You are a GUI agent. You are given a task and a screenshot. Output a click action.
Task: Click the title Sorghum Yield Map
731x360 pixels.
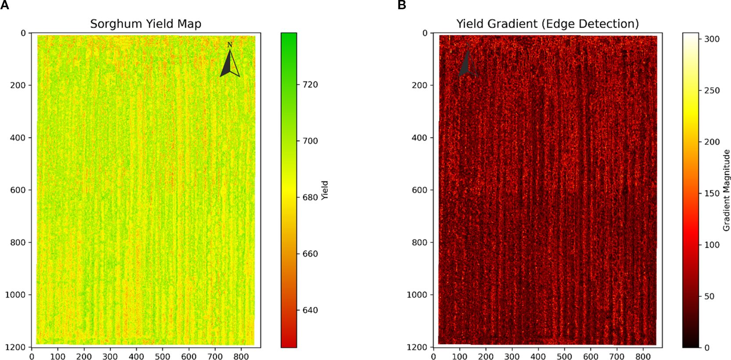(146, 24)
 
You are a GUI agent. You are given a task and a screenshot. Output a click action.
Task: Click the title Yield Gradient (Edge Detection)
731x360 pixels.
(547, 24)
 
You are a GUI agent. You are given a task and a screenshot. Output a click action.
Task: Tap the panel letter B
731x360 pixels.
(401, 5)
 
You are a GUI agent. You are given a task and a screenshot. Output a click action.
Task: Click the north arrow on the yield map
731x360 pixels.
(230, 62)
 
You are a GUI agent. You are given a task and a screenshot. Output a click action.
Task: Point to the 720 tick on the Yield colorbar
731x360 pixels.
(310, 84)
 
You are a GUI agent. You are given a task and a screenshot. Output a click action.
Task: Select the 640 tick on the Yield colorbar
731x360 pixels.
(310, 310)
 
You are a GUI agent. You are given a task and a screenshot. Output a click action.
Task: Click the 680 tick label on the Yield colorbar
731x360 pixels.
(310, 197)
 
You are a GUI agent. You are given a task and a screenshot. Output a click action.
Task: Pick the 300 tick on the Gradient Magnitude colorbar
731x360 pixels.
(712, 39)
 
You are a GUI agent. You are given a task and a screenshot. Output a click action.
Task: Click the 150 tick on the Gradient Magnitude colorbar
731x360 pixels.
(712, 193)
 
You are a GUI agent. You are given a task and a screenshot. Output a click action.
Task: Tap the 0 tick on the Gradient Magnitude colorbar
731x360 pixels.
(706, 348)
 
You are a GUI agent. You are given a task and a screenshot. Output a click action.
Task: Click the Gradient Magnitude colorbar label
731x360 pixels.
(726, 190)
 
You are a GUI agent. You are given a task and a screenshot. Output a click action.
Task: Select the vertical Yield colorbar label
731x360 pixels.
(325, 190)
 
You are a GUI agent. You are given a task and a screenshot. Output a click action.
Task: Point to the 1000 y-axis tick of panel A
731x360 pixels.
(15, 295)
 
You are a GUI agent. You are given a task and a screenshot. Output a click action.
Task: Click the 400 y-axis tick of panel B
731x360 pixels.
(419, 137)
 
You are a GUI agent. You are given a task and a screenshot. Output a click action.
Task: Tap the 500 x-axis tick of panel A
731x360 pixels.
(162, 356)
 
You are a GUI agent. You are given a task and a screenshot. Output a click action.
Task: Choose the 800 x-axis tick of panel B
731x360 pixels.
(643, 356)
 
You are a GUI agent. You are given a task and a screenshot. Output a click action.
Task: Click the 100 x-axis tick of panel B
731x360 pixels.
(459, 356)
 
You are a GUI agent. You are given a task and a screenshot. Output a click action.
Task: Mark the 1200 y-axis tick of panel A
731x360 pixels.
(15, 347)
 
